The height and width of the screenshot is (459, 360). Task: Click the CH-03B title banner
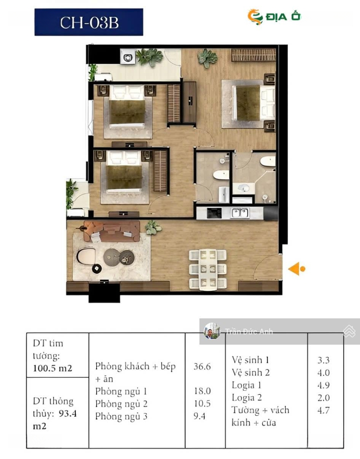[89, 22]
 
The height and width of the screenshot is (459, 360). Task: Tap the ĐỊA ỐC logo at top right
[274, 17]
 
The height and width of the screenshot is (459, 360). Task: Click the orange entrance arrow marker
[297, 269]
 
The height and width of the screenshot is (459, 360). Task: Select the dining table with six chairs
[208, 269]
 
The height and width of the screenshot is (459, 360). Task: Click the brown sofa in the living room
[111, 231]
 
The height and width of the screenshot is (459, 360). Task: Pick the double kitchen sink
[240, 213]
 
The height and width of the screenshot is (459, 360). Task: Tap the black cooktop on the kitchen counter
[214, 213]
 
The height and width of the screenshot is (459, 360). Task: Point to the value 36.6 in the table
[202, 366]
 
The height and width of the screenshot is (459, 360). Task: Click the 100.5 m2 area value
[52, 368]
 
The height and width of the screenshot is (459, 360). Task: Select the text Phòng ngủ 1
[121, 391]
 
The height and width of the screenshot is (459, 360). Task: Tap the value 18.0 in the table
[202, 391]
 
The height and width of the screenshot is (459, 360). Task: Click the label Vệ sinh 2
[251, 372]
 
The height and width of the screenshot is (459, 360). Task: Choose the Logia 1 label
[246, 385]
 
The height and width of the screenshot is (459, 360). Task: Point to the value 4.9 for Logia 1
[323, 385]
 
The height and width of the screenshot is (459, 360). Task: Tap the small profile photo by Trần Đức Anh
[212, 331]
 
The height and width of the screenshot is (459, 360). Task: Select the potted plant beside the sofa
[153, 227]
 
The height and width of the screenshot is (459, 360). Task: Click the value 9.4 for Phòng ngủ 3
[199, 416]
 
